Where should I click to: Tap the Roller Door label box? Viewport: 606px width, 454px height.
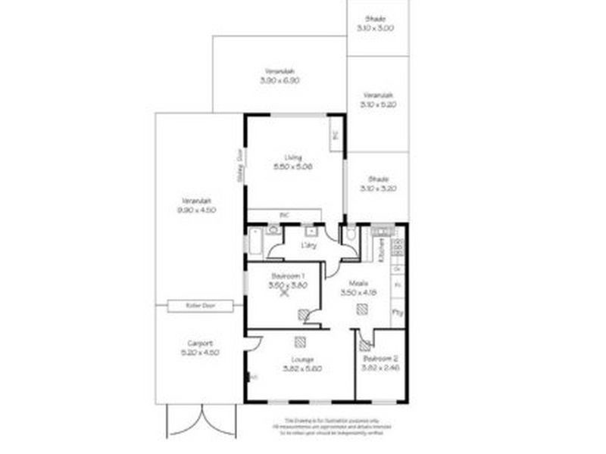pos(199,305)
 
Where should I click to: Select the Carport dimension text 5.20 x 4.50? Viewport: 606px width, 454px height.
pos(199,352)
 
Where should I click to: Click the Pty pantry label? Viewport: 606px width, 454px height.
pos(397,311)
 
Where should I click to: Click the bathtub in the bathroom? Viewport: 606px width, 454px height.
pos(254,244)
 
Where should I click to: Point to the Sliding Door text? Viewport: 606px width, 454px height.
pos(239,160)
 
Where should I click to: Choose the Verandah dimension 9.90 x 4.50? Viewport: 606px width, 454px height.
pos(196,210)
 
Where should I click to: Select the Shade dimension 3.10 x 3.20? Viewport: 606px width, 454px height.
pos(376,188)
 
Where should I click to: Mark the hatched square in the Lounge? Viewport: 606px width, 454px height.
pos(300,340)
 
